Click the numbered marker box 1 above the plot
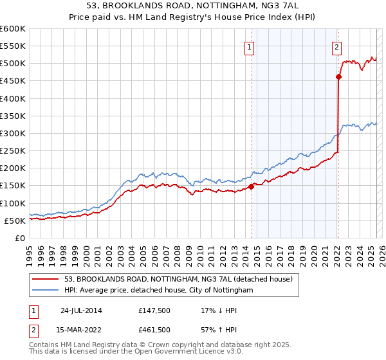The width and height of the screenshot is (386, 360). (249, 46)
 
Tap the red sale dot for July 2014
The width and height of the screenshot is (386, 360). (251, 186)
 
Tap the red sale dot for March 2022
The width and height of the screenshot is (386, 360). (338, 77)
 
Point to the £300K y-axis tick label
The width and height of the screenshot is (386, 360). (12, 133)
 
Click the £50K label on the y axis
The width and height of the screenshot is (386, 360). (15, 221)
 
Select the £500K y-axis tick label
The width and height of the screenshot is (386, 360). (12, 64)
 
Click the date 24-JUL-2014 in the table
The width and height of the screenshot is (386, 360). (81, 310)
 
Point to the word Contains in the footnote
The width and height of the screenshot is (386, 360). (44, 346)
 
